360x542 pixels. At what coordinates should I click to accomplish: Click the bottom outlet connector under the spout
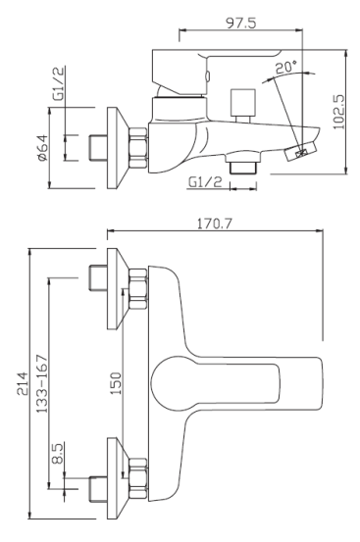tap(239, 169)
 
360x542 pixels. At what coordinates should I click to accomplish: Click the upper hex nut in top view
tap(138, 291)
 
